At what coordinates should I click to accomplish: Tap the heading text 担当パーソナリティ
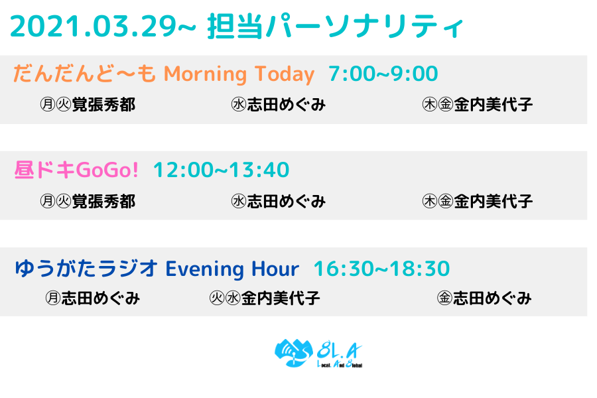coord(336,27)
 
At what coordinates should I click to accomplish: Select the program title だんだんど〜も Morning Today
coord(164,74)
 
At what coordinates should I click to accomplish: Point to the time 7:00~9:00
coord(383,74)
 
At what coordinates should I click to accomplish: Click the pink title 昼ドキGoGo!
coord(76,170)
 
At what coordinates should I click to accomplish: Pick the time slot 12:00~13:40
coord(221,170)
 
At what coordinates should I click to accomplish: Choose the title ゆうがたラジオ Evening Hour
coord(157,269)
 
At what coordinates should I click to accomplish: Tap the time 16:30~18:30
coord(382,269)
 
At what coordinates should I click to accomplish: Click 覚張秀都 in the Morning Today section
coord(103,104)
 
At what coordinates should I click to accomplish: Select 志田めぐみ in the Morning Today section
coord(287,104)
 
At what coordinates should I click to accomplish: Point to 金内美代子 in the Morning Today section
coord(493,104)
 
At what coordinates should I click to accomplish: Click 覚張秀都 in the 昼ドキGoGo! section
coord(103,201)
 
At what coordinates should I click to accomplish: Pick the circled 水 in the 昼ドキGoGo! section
coord(239,201)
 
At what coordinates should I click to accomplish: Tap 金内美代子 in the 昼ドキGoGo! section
coord(493,201)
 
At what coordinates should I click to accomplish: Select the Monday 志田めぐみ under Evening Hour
coord(101,298)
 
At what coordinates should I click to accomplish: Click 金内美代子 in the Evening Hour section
coord(281,298)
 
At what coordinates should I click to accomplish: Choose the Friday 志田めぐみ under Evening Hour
coord(492,298)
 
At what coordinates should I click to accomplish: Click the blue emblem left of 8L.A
coord(294,353)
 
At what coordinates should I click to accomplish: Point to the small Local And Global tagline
coord(340,364)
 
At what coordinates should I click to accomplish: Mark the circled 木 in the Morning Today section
coord(430,104)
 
